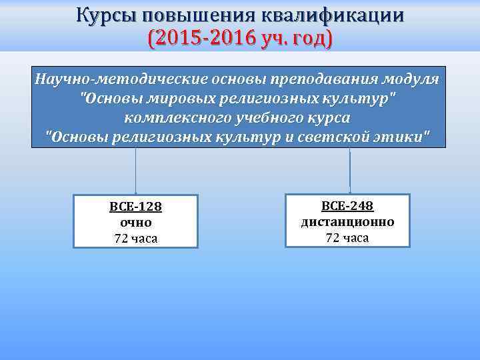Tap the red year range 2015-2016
[x=198, y=39]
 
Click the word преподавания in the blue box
[x=321, y=79]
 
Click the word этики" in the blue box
[x=406, y=137]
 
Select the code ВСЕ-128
[x=135, y=207]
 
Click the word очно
[x=135, y=223]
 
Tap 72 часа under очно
[x=135, y=239]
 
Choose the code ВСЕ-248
[x=347, y=206]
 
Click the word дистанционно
[x=347, y=222]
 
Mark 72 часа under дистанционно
[x=347, y=238]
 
